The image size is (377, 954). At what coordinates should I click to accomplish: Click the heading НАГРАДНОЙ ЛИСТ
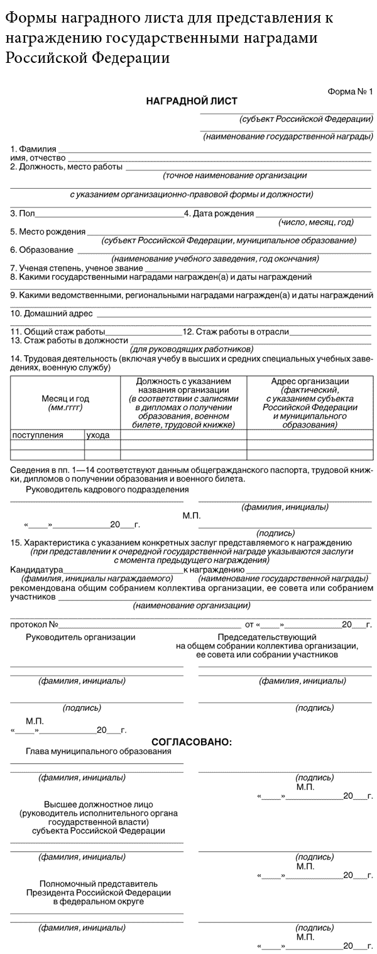(192, 101)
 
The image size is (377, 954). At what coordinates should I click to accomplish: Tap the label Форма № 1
(350, 92)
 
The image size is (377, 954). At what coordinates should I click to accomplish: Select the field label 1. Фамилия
(33, 149)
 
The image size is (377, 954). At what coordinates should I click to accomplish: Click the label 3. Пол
(23, 214)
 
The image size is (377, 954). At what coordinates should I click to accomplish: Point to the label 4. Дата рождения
(219, 214)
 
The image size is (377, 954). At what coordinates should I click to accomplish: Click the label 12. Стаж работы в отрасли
(236, 331)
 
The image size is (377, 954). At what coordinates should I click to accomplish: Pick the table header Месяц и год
(65, 399)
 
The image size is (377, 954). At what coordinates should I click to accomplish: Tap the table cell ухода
(98, 435)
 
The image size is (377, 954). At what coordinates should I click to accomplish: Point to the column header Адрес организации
(310, 381)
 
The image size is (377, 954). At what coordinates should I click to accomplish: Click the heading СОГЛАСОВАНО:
(192, 742)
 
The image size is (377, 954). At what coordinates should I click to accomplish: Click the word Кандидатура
(33, 569)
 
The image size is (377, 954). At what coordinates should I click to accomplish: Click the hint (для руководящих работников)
(191, 348)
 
